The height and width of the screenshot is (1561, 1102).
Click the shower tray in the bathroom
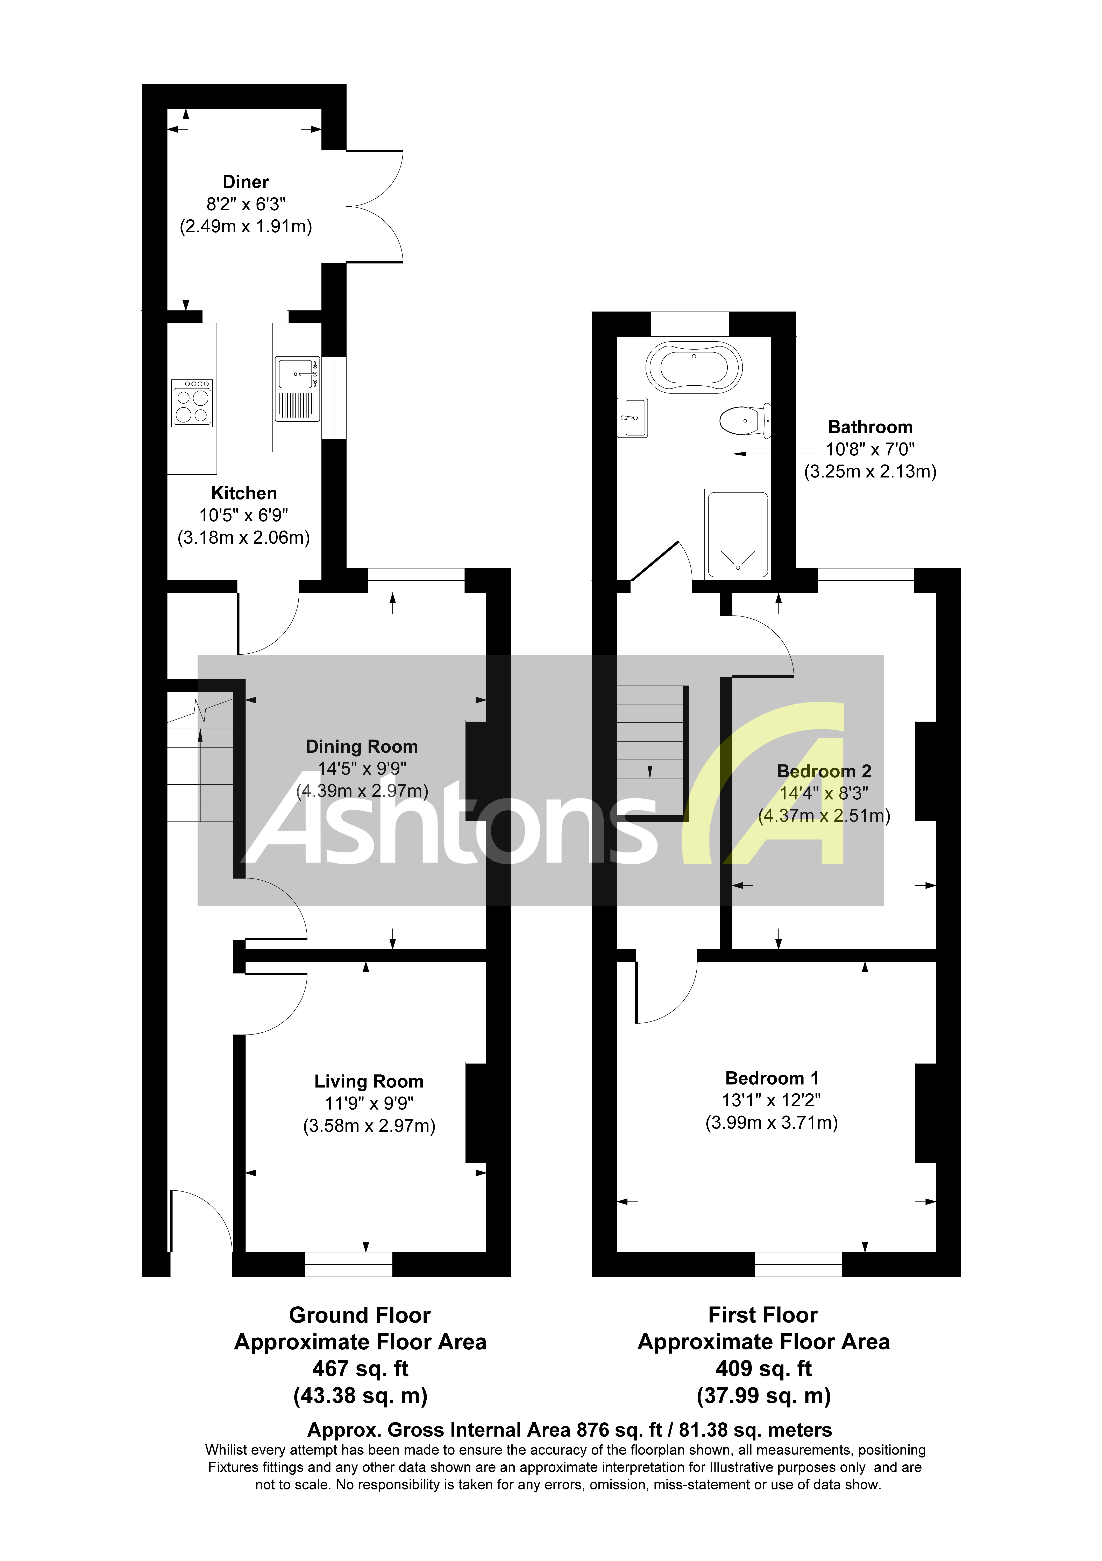point(738,534)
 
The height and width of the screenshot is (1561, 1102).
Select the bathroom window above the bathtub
point(690,324)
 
